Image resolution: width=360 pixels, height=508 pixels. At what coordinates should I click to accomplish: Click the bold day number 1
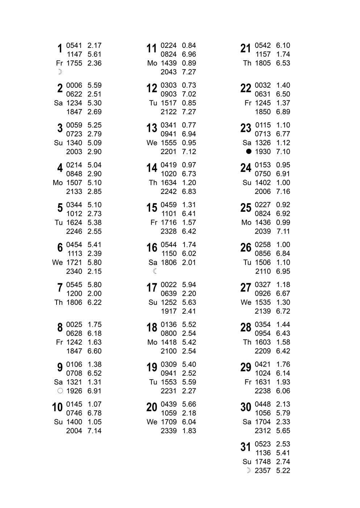click(x=60, y=48)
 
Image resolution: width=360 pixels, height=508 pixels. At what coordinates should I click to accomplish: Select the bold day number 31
click(x=245, y=447)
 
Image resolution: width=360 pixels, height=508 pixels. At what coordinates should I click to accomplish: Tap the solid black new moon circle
click(x=248, y=152)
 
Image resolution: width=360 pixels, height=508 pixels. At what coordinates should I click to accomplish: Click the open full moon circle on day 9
click(x=60, y=391)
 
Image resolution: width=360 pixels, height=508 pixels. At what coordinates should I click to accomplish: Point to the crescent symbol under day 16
click(x=155, y=271)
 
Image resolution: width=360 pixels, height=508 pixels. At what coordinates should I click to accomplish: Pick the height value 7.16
click(x=283, y=191)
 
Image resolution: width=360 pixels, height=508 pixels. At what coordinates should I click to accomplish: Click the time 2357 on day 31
click(x=262, y=471)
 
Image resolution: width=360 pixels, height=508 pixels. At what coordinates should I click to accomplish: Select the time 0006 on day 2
click(x=74, y=85)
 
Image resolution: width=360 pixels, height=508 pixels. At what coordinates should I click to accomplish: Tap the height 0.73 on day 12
click(x=189, y=85)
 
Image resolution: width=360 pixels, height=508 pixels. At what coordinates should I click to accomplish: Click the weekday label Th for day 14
click(x=153, y=183)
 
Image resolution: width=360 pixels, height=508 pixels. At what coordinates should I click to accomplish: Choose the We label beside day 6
click(x=57, y=263)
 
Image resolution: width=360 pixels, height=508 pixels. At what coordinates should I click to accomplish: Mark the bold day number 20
click(x=152, y=407)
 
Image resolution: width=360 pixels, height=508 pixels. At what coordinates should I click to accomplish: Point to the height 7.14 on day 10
click(x=94, y=431)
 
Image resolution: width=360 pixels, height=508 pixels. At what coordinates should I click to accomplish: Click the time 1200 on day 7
click(x=74, y=293)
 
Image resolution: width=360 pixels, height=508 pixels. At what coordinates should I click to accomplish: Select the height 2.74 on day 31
click(x=283, y=462)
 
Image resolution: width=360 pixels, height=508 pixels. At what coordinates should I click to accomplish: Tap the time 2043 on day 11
click(x=169, y=72)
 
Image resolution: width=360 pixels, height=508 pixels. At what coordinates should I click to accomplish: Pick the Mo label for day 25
click(x=246, y=223)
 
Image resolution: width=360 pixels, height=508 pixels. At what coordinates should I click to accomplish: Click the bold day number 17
click(x=152, y=288)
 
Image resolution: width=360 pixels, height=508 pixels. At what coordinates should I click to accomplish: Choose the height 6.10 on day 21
click(x=283, y=45)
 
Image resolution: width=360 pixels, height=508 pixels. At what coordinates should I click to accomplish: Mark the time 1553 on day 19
click(x=169, y=382)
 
